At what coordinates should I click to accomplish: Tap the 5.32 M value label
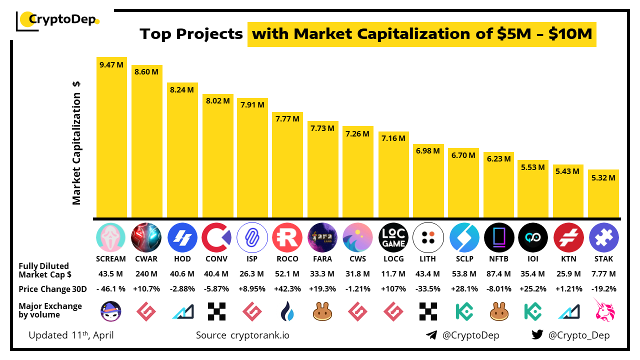click(x=603, y=177)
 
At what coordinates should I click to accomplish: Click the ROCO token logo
click(x=287, y=237)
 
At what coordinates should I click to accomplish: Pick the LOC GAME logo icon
click(x=393, y=237)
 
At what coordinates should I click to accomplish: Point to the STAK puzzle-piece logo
click(x=603, y=237)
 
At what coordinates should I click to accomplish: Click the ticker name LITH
click(x=428, y=259)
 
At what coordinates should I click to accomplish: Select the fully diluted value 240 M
click(x=146, y=274)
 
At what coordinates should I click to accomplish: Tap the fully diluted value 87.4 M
click(x=498, y=274)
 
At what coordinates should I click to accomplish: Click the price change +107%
click(x=393, y=289)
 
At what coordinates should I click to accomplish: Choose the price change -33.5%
click(x=428, y=289)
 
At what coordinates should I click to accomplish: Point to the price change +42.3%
click(x=287, y=289)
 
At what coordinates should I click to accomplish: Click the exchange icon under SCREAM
click(x=111, y=311)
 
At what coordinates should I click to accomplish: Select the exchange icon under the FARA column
click(x=322, y=311)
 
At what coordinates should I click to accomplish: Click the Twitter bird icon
click(x=537, y=335)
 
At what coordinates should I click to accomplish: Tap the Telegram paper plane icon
click(x=431, y=335)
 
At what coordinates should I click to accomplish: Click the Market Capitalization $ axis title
click(x=76, y=142)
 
